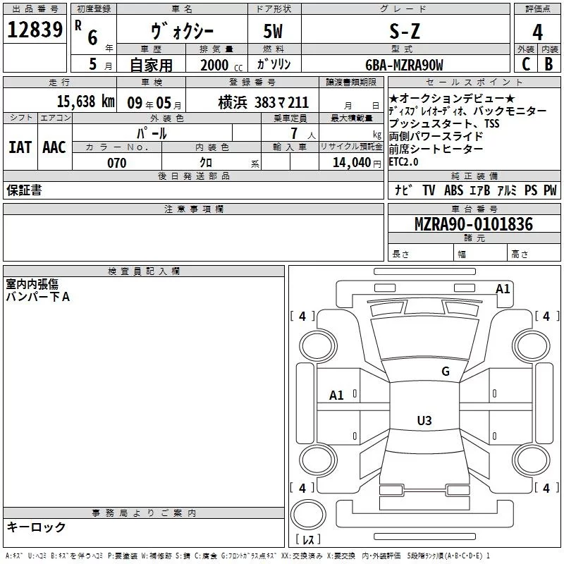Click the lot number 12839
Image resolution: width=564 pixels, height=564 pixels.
coord(35,31)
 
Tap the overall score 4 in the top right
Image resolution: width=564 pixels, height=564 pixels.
coord(538,32)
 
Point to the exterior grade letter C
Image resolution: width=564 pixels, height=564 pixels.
coord(525,64)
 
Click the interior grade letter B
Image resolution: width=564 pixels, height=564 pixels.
coord(549,64)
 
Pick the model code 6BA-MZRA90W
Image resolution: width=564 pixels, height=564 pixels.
coord(405,65)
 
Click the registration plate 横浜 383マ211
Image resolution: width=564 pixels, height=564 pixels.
coord(264,102)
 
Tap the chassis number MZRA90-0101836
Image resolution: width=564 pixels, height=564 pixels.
coord(473,225)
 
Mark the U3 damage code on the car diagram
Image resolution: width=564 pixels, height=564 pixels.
coord(424,421)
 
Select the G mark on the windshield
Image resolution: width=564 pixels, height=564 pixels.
coord(445,372)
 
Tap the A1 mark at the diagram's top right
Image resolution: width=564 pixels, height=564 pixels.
coord(503,288)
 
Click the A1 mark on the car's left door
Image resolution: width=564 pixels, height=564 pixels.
coord(337,396)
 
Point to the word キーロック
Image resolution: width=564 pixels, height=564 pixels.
coord(36,527)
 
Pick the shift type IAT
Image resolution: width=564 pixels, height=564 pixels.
coord(20,147)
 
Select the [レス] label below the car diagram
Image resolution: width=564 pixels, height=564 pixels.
coord(309,541)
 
